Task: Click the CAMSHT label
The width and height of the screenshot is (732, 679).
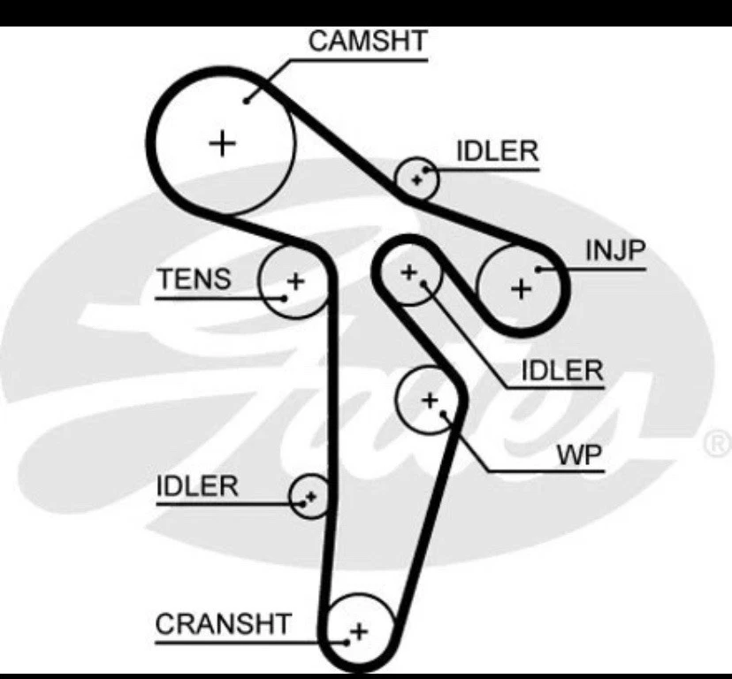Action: [368, 40]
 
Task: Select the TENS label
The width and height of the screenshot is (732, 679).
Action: [194, 279]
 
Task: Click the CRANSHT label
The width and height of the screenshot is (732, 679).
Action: [223, 623]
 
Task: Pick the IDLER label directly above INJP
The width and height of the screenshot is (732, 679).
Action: [497, 151]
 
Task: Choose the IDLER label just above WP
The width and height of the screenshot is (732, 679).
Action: [561, 370]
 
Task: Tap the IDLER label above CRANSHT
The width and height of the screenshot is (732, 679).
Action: [197, 485]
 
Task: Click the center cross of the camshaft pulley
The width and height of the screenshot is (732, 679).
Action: [224, 141]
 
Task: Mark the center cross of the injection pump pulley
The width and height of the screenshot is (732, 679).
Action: [522, 287]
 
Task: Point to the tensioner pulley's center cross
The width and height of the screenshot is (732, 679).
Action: [295, 282]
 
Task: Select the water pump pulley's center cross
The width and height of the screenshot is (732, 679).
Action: [430, 401]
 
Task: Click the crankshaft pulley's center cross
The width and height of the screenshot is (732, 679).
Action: [358, 631]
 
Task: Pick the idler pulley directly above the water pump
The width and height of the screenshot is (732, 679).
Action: [408, 272]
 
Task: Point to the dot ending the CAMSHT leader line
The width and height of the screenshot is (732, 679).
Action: [248, 99]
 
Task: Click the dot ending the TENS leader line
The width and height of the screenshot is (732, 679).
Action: [284, 296]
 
